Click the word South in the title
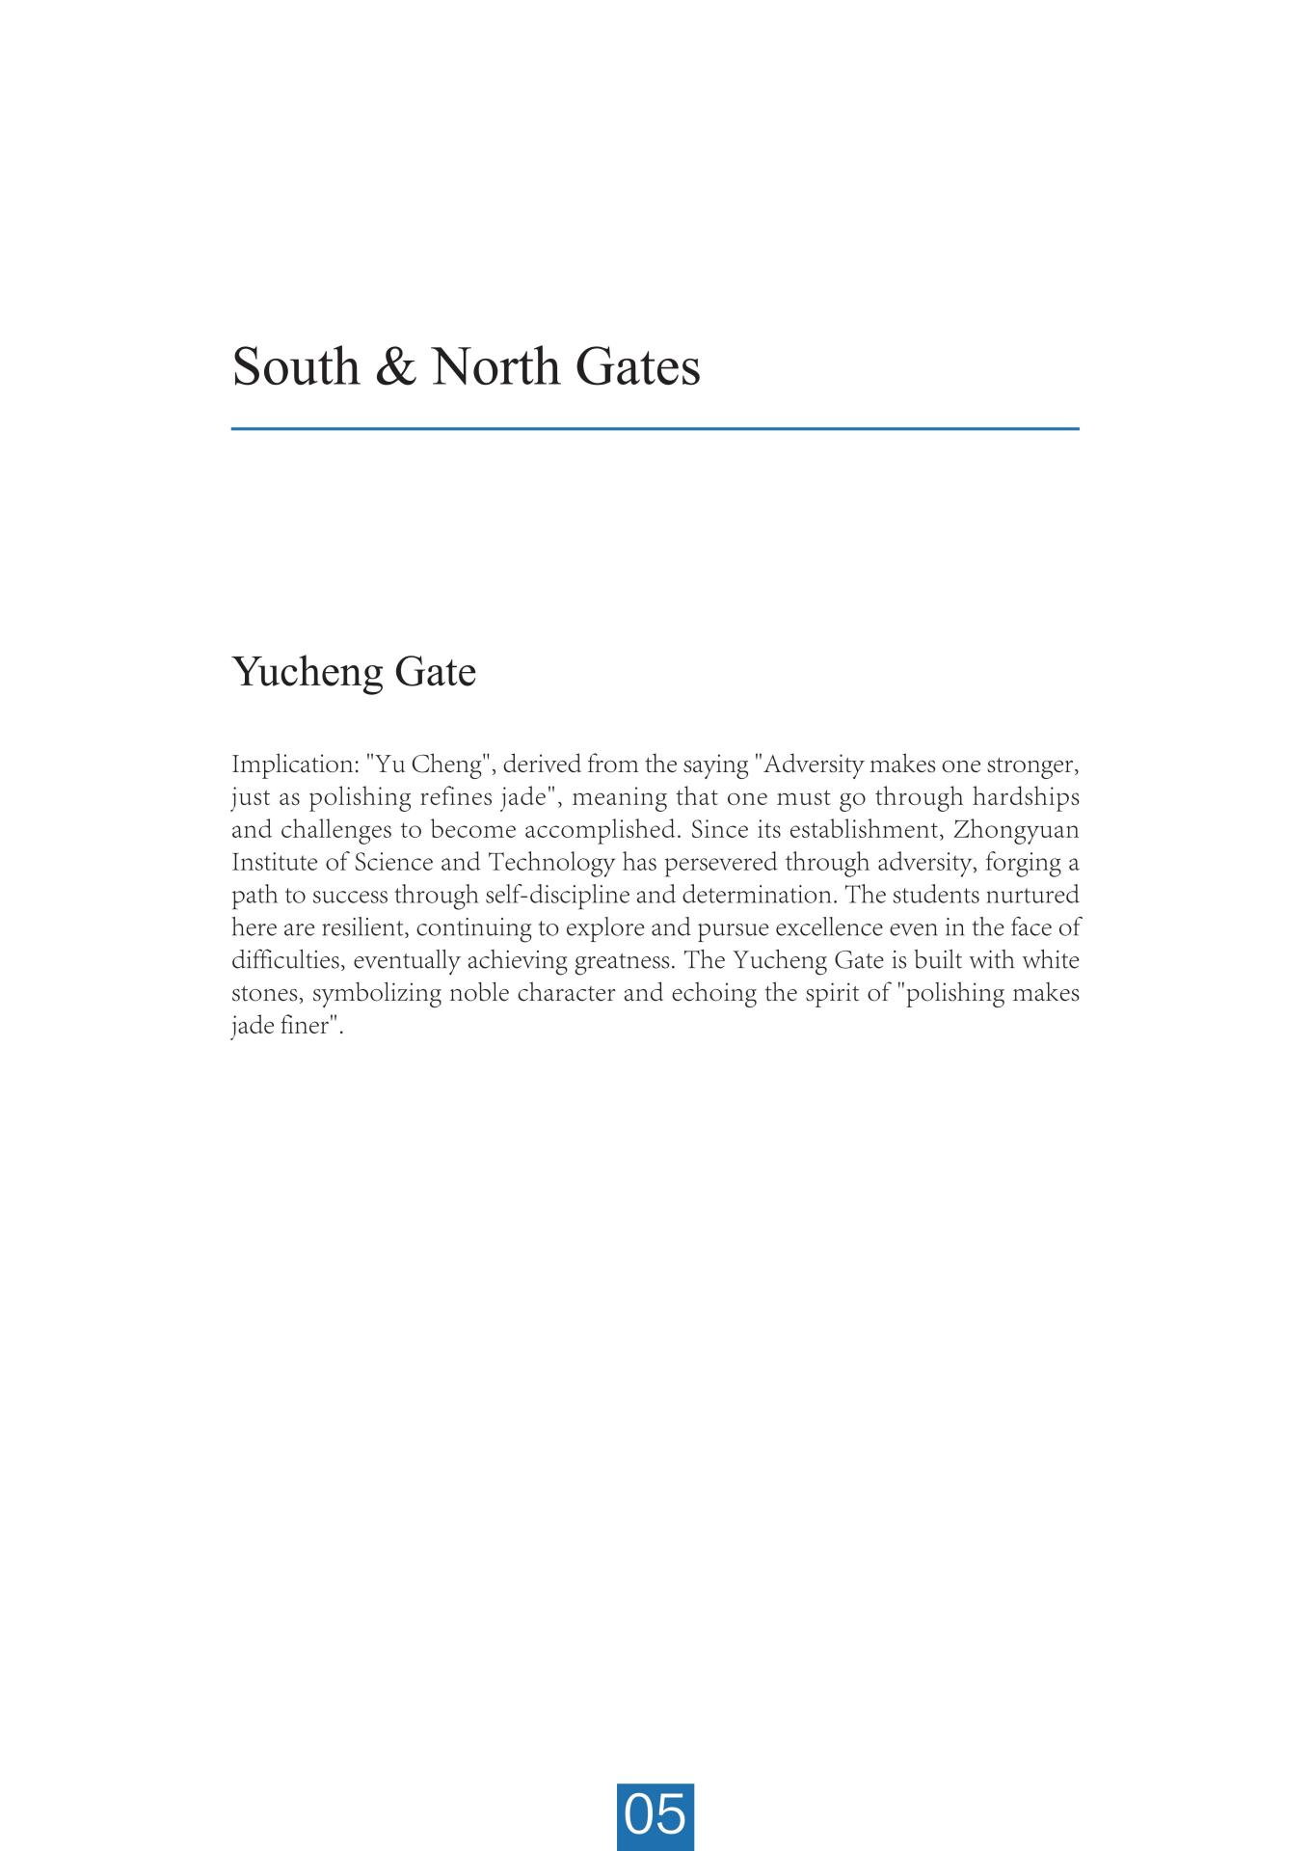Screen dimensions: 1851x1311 (x=295, y=367)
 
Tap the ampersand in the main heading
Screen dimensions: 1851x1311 (x=393, y=367)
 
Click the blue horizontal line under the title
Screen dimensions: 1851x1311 (x=655, y=428)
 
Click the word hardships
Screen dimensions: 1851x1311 (x=1026, y=798)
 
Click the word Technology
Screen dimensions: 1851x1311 (x=551, y=863)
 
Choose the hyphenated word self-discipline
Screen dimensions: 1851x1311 (x=557, y=896)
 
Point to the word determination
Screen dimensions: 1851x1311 (x=760, y=896)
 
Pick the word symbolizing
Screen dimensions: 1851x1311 (x=377, y=994)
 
